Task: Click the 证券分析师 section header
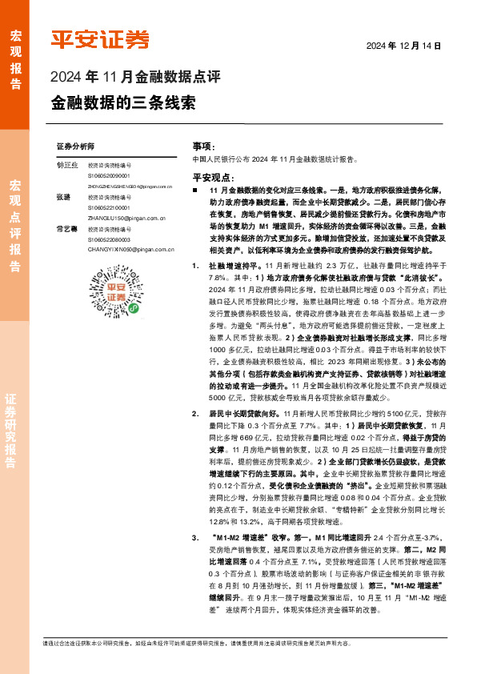(75, 147)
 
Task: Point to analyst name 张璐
(63, 196)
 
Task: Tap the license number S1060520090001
(108, 175)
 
